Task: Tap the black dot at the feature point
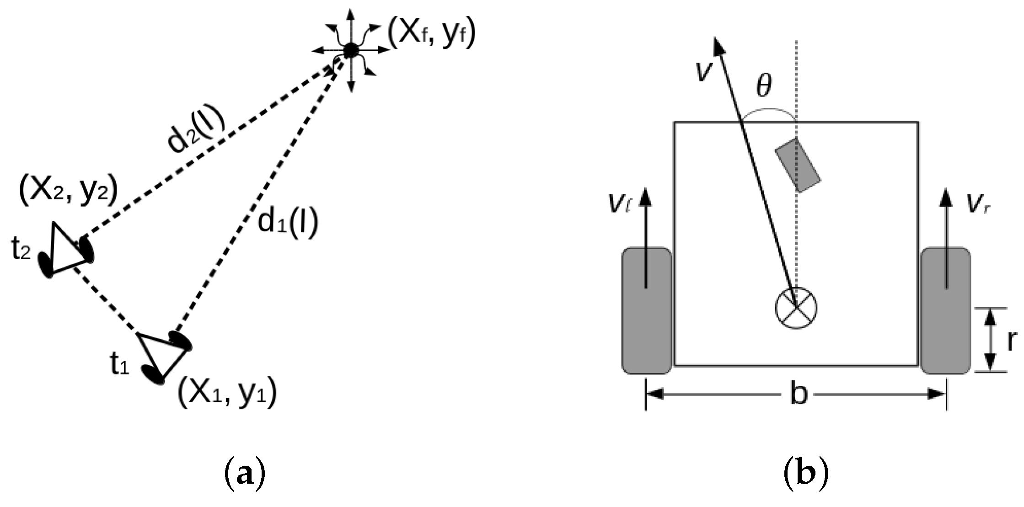351,50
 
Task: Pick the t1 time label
120,364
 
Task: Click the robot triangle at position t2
66,249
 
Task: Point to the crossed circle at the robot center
796,308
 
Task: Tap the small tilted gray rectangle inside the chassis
798,165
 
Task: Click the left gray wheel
646,311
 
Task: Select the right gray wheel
945,311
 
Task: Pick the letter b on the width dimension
799,394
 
